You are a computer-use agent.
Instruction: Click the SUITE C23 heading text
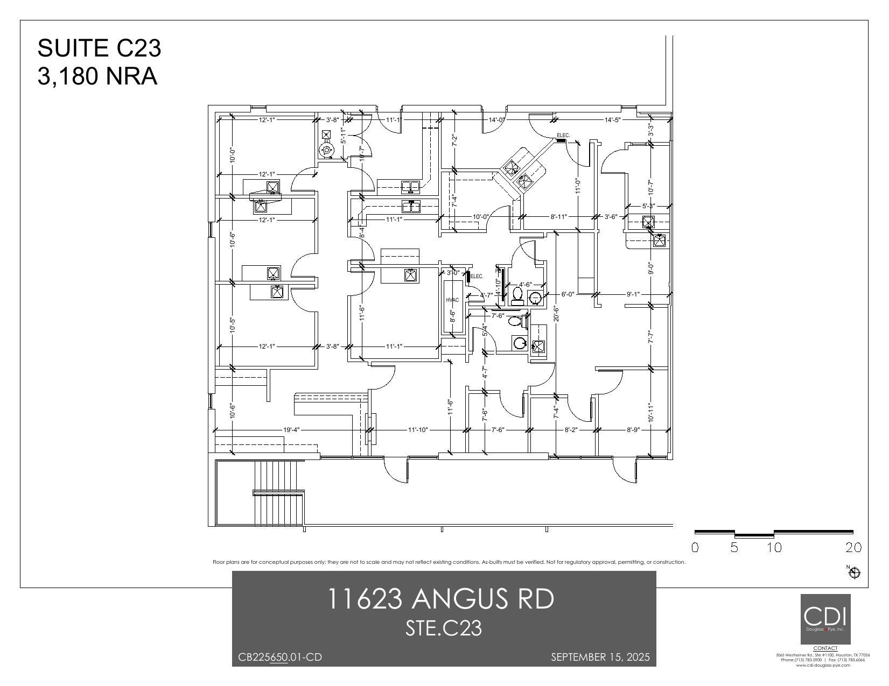[x=99, y=48]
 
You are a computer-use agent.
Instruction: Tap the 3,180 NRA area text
[x=97, y=76]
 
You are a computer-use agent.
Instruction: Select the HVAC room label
[x=452, y=300]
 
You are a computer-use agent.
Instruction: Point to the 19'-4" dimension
[x=291, y=430]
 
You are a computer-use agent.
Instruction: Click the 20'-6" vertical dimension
[x=556, y=314]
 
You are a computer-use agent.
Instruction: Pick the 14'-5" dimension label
[x=612, y=120]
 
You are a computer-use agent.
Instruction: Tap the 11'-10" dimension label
[x=417, y=430]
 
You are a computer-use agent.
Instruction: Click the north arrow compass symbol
[x=854, y=573]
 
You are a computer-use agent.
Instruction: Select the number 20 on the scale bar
[x=853, y=548]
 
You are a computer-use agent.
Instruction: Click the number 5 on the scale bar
[x=734, y=548]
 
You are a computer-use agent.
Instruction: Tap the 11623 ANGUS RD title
[x=440, y=599]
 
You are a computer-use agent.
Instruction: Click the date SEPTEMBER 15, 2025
[x=600, y=657]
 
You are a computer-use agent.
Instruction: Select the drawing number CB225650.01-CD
[x=280, y=657]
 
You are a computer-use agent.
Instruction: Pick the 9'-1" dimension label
[x=633, y=294]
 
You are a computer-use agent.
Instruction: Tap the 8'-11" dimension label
[x=558, y=217]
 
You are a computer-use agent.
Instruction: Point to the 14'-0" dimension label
[x=496, y=120]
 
